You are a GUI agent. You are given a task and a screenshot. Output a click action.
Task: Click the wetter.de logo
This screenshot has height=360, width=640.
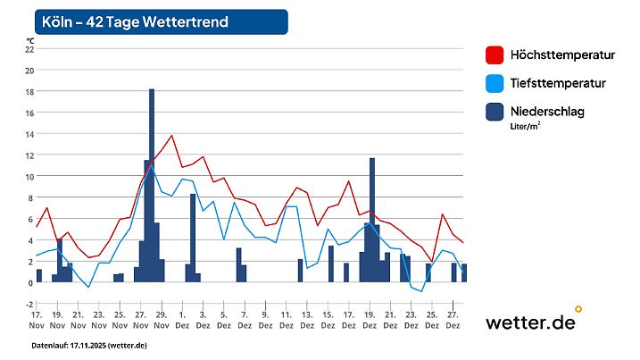pos(532,322)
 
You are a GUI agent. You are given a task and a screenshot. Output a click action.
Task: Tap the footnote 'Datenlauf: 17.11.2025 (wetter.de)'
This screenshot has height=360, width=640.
pos(89,345)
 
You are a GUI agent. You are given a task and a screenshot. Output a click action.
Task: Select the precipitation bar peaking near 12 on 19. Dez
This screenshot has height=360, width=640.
pos(371,219)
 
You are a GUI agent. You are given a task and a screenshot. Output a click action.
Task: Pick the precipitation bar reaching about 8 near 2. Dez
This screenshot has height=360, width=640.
pos(192,237)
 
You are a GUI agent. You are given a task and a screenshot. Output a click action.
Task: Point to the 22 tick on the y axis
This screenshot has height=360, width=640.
pos(29,49)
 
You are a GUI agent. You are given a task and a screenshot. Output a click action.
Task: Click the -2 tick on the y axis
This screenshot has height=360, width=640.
pos(29,304)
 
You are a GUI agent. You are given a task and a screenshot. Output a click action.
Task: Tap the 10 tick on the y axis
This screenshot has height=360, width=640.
pos(29,177)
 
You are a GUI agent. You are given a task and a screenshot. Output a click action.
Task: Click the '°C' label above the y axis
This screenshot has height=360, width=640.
pos(30,40)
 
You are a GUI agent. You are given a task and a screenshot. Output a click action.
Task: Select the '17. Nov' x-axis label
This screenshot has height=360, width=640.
pos(37,320)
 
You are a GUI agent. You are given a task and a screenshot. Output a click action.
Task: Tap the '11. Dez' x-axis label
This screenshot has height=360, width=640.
pos(286,320)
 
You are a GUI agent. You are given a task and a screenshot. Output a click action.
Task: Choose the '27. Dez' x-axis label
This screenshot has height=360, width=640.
pos(453,320)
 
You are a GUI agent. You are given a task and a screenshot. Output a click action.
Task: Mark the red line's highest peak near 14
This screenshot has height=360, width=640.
pos(171,136)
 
